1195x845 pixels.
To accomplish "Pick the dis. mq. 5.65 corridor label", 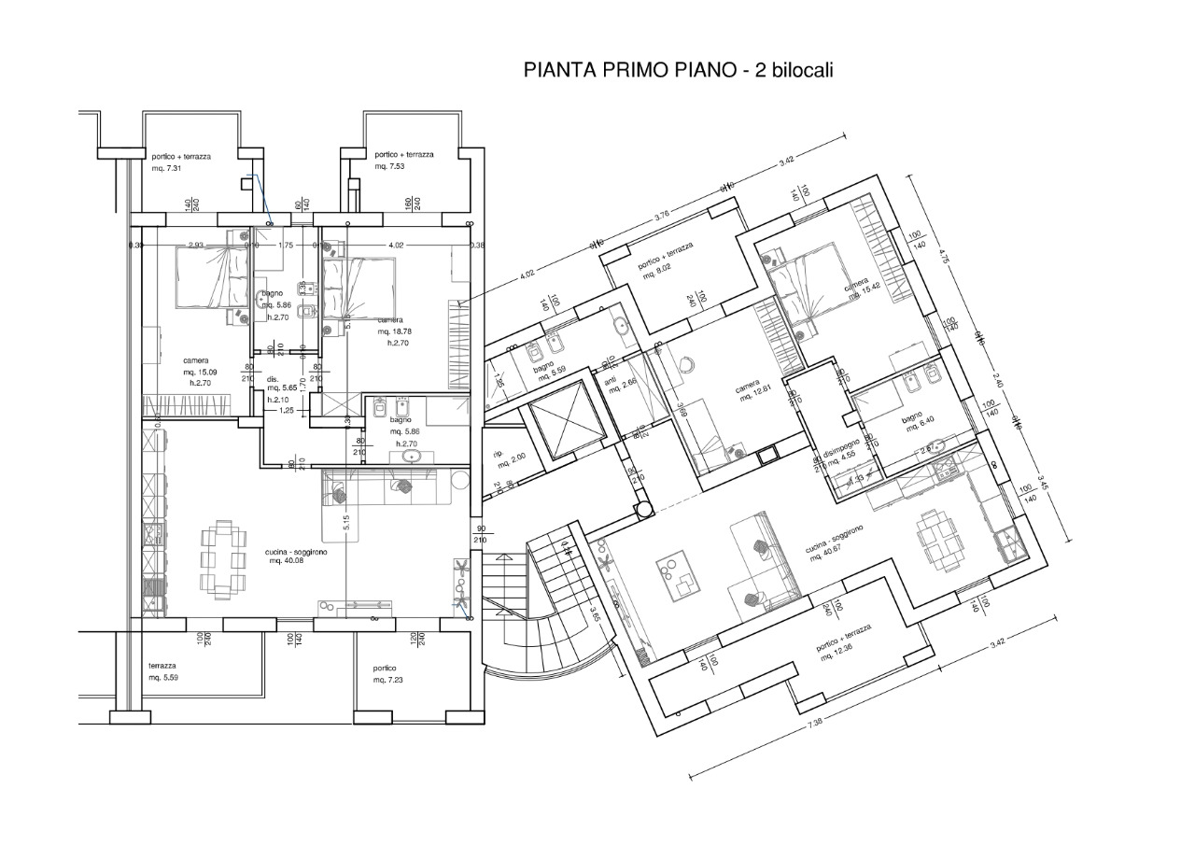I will (x=281, y=387).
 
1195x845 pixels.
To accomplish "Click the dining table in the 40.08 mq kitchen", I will (x=224, y=557).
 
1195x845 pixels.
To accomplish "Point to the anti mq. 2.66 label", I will (x=620, y=385).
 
